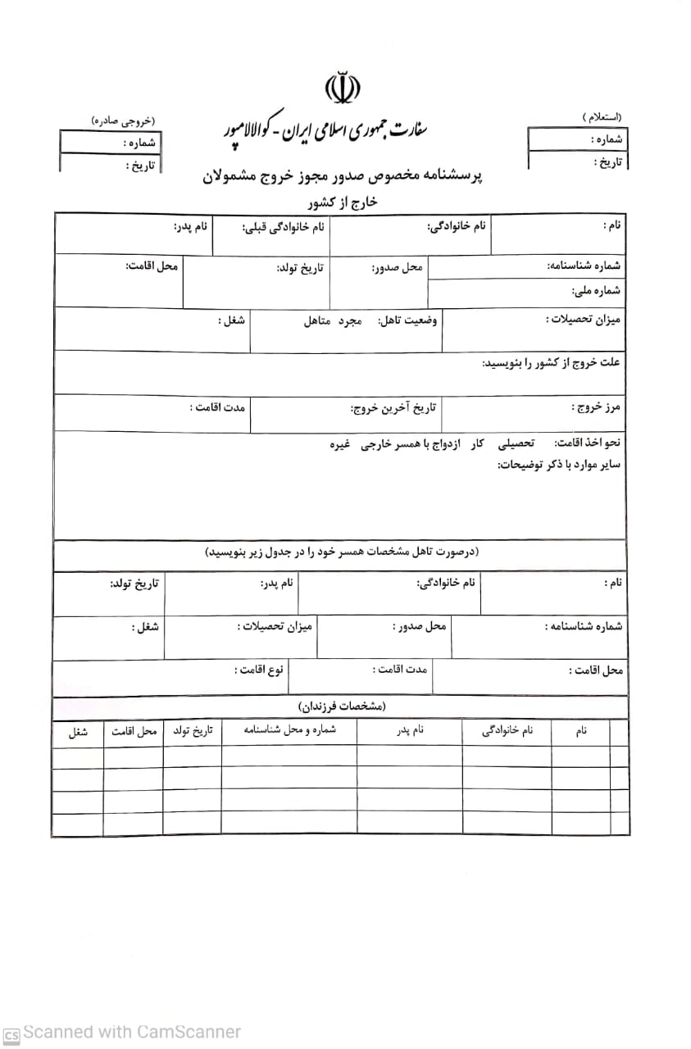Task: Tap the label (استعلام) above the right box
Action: point(601,118)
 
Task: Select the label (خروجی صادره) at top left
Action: point(122,121)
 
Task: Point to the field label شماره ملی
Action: point(596,291)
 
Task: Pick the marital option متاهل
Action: point(317,320)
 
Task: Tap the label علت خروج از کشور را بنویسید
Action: point(551,362)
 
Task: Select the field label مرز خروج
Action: point(596,406)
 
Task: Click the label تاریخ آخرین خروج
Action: point(393,407)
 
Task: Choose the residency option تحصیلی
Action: point(516,443)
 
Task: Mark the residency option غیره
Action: point(340,443)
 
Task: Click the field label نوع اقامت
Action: point(259,670)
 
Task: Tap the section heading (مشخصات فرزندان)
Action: point(341,706)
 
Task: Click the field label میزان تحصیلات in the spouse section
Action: point(275,627)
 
